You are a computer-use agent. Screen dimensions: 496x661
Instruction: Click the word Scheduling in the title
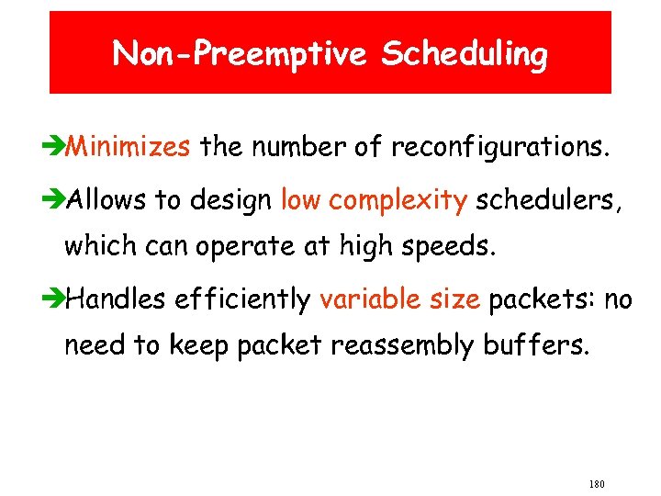(465, 55)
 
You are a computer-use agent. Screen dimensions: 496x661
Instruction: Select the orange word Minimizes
(129, 145)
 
